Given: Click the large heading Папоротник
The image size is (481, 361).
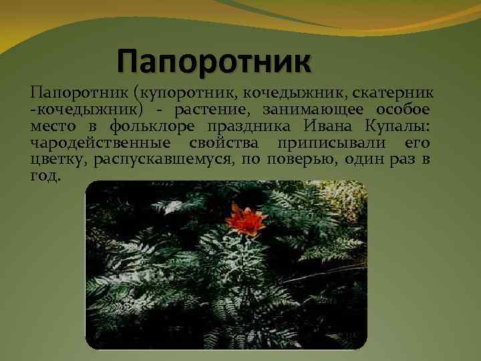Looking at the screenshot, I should (x=214, y=62).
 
